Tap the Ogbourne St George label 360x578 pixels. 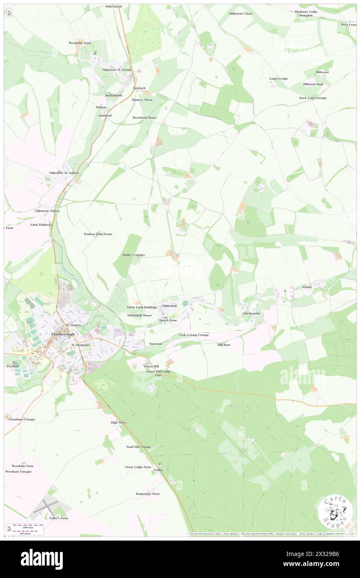point(117,69)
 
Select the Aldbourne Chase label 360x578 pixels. point(240,13)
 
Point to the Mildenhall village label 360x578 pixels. point(169,306)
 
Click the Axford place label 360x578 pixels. point(306,287)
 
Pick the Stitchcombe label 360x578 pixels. point(252,313)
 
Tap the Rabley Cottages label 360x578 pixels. point(133,254)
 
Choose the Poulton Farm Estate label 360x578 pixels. point(98,234)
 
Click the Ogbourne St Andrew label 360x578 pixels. point(64,173)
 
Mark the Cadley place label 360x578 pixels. point(158,470)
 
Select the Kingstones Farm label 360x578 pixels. point(148,494)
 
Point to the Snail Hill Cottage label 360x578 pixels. point(138,447)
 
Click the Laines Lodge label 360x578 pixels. point(278,79)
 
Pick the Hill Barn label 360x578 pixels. point(224,345)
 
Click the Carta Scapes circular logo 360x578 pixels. point(335,512)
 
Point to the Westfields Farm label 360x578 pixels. point(80,43)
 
